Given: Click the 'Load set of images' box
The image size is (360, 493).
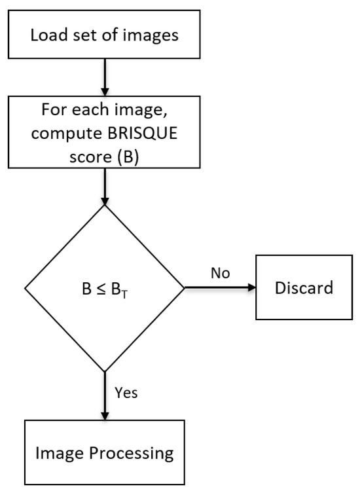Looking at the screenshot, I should coord(105,33).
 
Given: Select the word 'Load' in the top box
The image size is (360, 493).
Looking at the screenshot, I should coord(48,34).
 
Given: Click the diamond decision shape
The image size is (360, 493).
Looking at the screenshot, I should coord(105,288).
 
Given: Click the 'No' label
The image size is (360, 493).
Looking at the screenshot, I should coord(221,273).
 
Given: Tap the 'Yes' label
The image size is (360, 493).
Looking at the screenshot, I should coord(126,394).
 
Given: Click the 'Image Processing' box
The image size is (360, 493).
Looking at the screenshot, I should coord(105,452).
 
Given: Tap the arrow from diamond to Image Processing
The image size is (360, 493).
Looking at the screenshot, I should coord(105,395).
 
